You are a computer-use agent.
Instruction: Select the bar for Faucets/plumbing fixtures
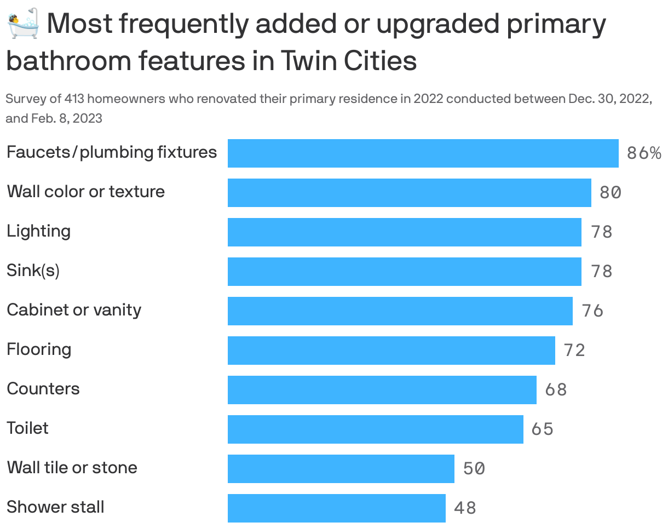click(x=423, y=153)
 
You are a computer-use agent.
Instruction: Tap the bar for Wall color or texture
click(x=409, y=193)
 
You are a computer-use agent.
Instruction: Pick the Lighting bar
click(x=404, y=232)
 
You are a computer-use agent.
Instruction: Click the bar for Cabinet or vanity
click(x=400, y=311)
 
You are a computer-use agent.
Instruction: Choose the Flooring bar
click(x=391, y=351)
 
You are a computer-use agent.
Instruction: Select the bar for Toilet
click(x=375, y=429)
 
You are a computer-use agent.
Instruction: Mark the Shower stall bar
click(x=336, y=508)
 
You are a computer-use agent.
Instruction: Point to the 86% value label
click(x=644, y=153)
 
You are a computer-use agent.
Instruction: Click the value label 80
click(x=610, y=193)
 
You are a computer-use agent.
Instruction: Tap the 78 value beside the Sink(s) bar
click(x=601, y=272)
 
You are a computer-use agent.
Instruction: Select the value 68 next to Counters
click(x=556, y=390)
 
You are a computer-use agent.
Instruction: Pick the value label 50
click(x=474, y=469)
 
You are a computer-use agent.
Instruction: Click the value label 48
click(x=465, y=508)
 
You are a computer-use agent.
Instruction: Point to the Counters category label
click(x=43, y=389)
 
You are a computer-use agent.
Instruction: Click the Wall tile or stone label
click(x=72, y=468)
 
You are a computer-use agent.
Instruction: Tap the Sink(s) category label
click(x=33, y=271)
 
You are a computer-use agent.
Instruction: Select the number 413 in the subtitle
click(x=74, y=99)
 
